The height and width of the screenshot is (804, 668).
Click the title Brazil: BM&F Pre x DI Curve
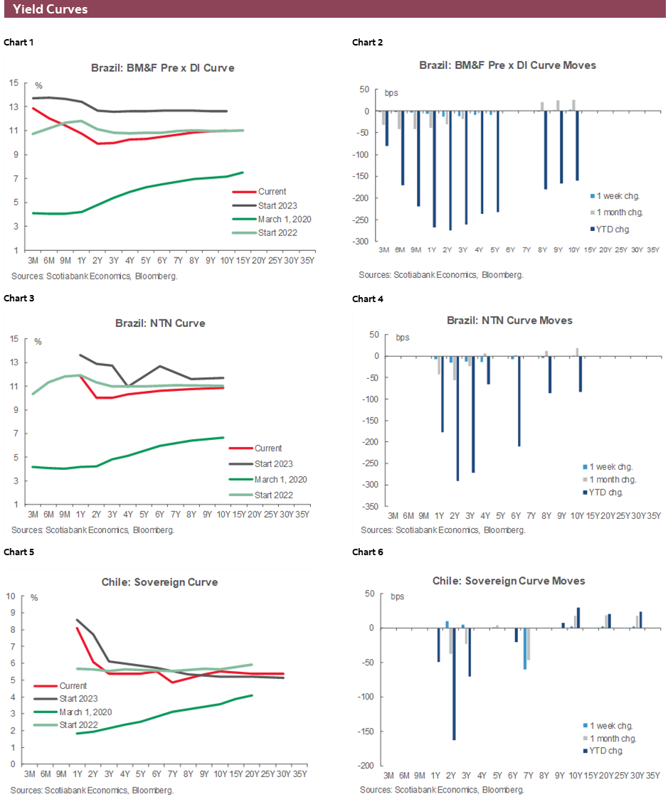[x=162, y=68]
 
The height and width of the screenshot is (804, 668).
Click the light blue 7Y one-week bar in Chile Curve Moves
[x=525, y=648]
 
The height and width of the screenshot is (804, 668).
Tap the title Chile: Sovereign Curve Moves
[x=508, y=581]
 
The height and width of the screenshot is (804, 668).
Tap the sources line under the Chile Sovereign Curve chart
[x=92, y=789]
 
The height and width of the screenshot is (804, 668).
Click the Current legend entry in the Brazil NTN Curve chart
[x=267, y=448]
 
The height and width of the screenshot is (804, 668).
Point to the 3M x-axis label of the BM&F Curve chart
[x=31, y=259]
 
